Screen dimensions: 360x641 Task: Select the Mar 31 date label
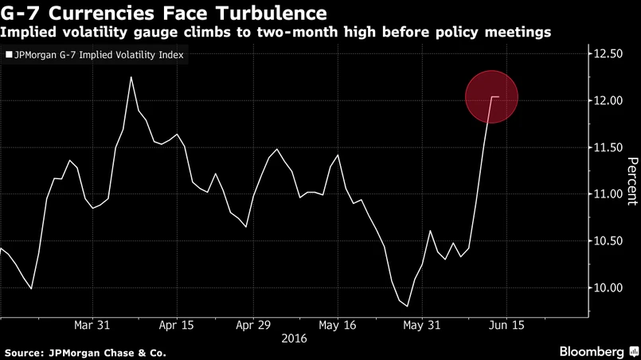click(x=92, y=325)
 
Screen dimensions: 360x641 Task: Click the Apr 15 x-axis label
click(x=177, y=325)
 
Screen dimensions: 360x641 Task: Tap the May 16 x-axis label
click(x=338, y=325)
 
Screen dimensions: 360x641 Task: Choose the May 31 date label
click(x=422, y=325)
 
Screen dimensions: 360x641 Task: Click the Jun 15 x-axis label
click(x=506, y=325)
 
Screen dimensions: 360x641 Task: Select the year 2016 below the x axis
click(x=295, y=338)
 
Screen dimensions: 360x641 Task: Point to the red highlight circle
click(x=491, y=97)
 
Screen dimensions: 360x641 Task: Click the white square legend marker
click(x=9, y=56)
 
